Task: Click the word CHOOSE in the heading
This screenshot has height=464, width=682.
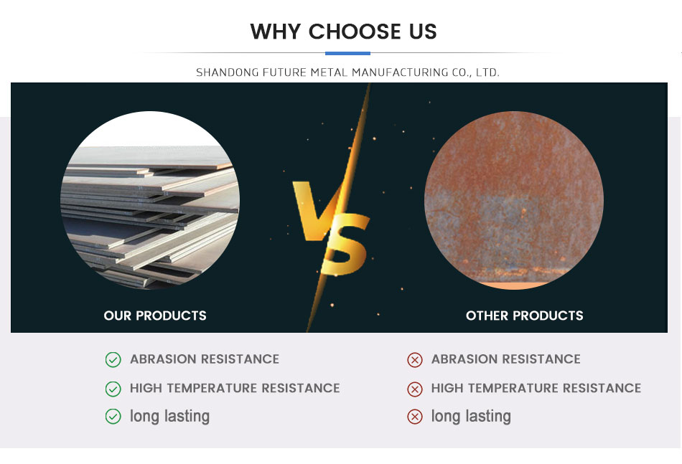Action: tap(355, 32)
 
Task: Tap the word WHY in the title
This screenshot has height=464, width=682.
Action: tap(276, 32)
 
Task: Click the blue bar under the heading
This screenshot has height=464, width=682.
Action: tap(347, 54)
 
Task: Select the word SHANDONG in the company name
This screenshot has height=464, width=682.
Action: tap(227, 72)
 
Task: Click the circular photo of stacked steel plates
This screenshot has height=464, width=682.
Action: tap(150, 200)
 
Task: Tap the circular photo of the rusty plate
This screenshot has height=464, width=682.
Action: tap(514, 200)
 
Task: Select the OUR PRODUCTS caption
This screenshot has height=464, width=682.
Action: tap(155, 316)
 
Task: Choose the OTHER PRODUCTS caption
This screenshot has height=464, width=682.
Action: tap(525, 316)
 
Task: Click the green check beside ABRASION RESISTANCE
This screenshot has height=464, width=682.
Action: tap(113, 360)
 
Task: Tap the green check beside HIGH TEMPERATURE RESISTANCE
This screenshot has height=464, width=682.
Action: tap(113, 389)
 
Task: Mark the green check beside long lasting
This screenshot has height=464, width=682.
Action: tap(113, 416)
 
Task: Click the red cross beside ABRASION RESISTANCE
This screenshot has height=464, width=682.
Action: tap(415, 360)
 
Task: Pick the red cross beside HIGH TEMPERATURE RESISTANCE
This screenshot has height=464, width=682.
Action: tap(415, 389)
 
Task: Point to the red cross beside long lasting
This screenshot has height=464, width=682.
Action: tap(415, 416)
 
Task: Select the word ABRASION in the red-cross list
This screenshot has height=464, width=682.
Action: tap(464, 359)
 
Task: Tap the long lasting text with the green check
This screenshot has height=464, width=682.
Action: tap(169, 416)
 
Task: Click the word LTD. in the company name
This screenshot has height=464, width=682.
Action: tap(487, 72)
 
